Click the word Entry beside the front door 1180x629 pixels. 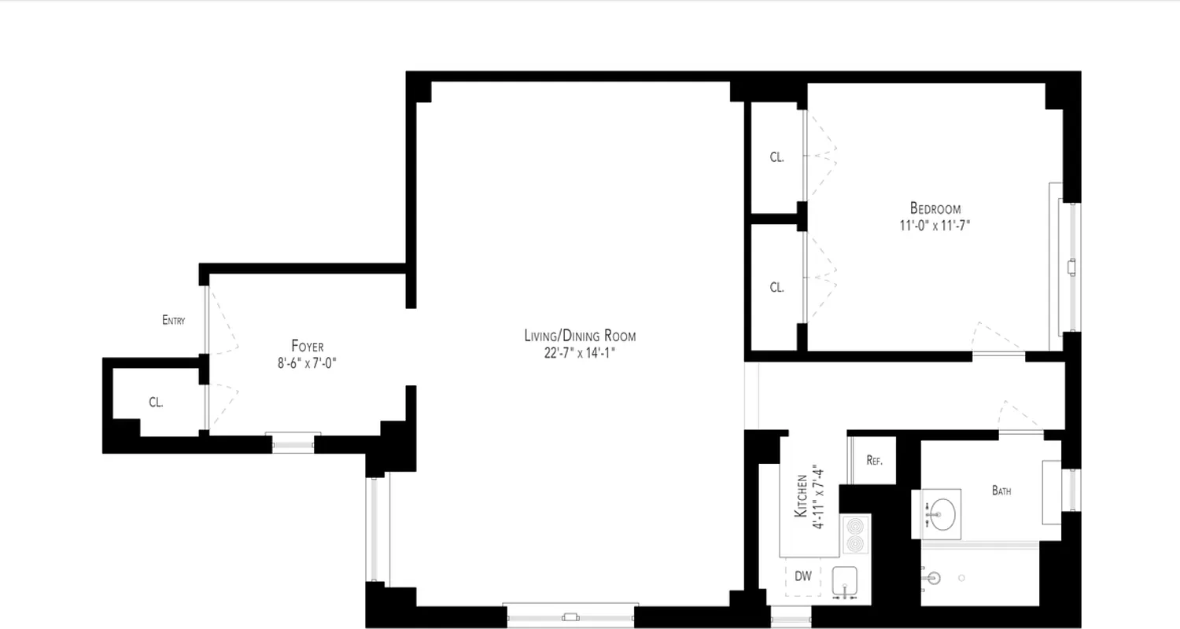pos(173,320)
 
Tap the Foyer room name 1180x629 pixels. pos(307,346)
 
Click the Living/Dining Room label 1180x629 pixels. pos(580,336)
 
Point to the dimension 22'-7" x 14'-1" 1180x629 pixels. pos(579,353)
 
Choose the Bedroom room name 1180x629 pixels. pos(935,208)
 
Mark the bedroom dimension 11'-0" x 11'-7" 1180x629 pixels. pos(935,225)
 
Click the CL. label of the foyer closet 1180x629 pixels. pos(156,403)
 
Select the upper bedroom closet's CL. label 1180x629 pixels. pos(776,157)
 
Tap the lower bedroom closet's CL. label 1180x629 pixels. pos(776,288)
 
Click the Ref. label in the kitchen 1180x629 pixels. pos(874,461)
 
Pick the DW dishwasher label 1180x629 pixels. pos(802,576)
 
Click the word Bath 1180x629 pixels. pos(1001,491)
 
